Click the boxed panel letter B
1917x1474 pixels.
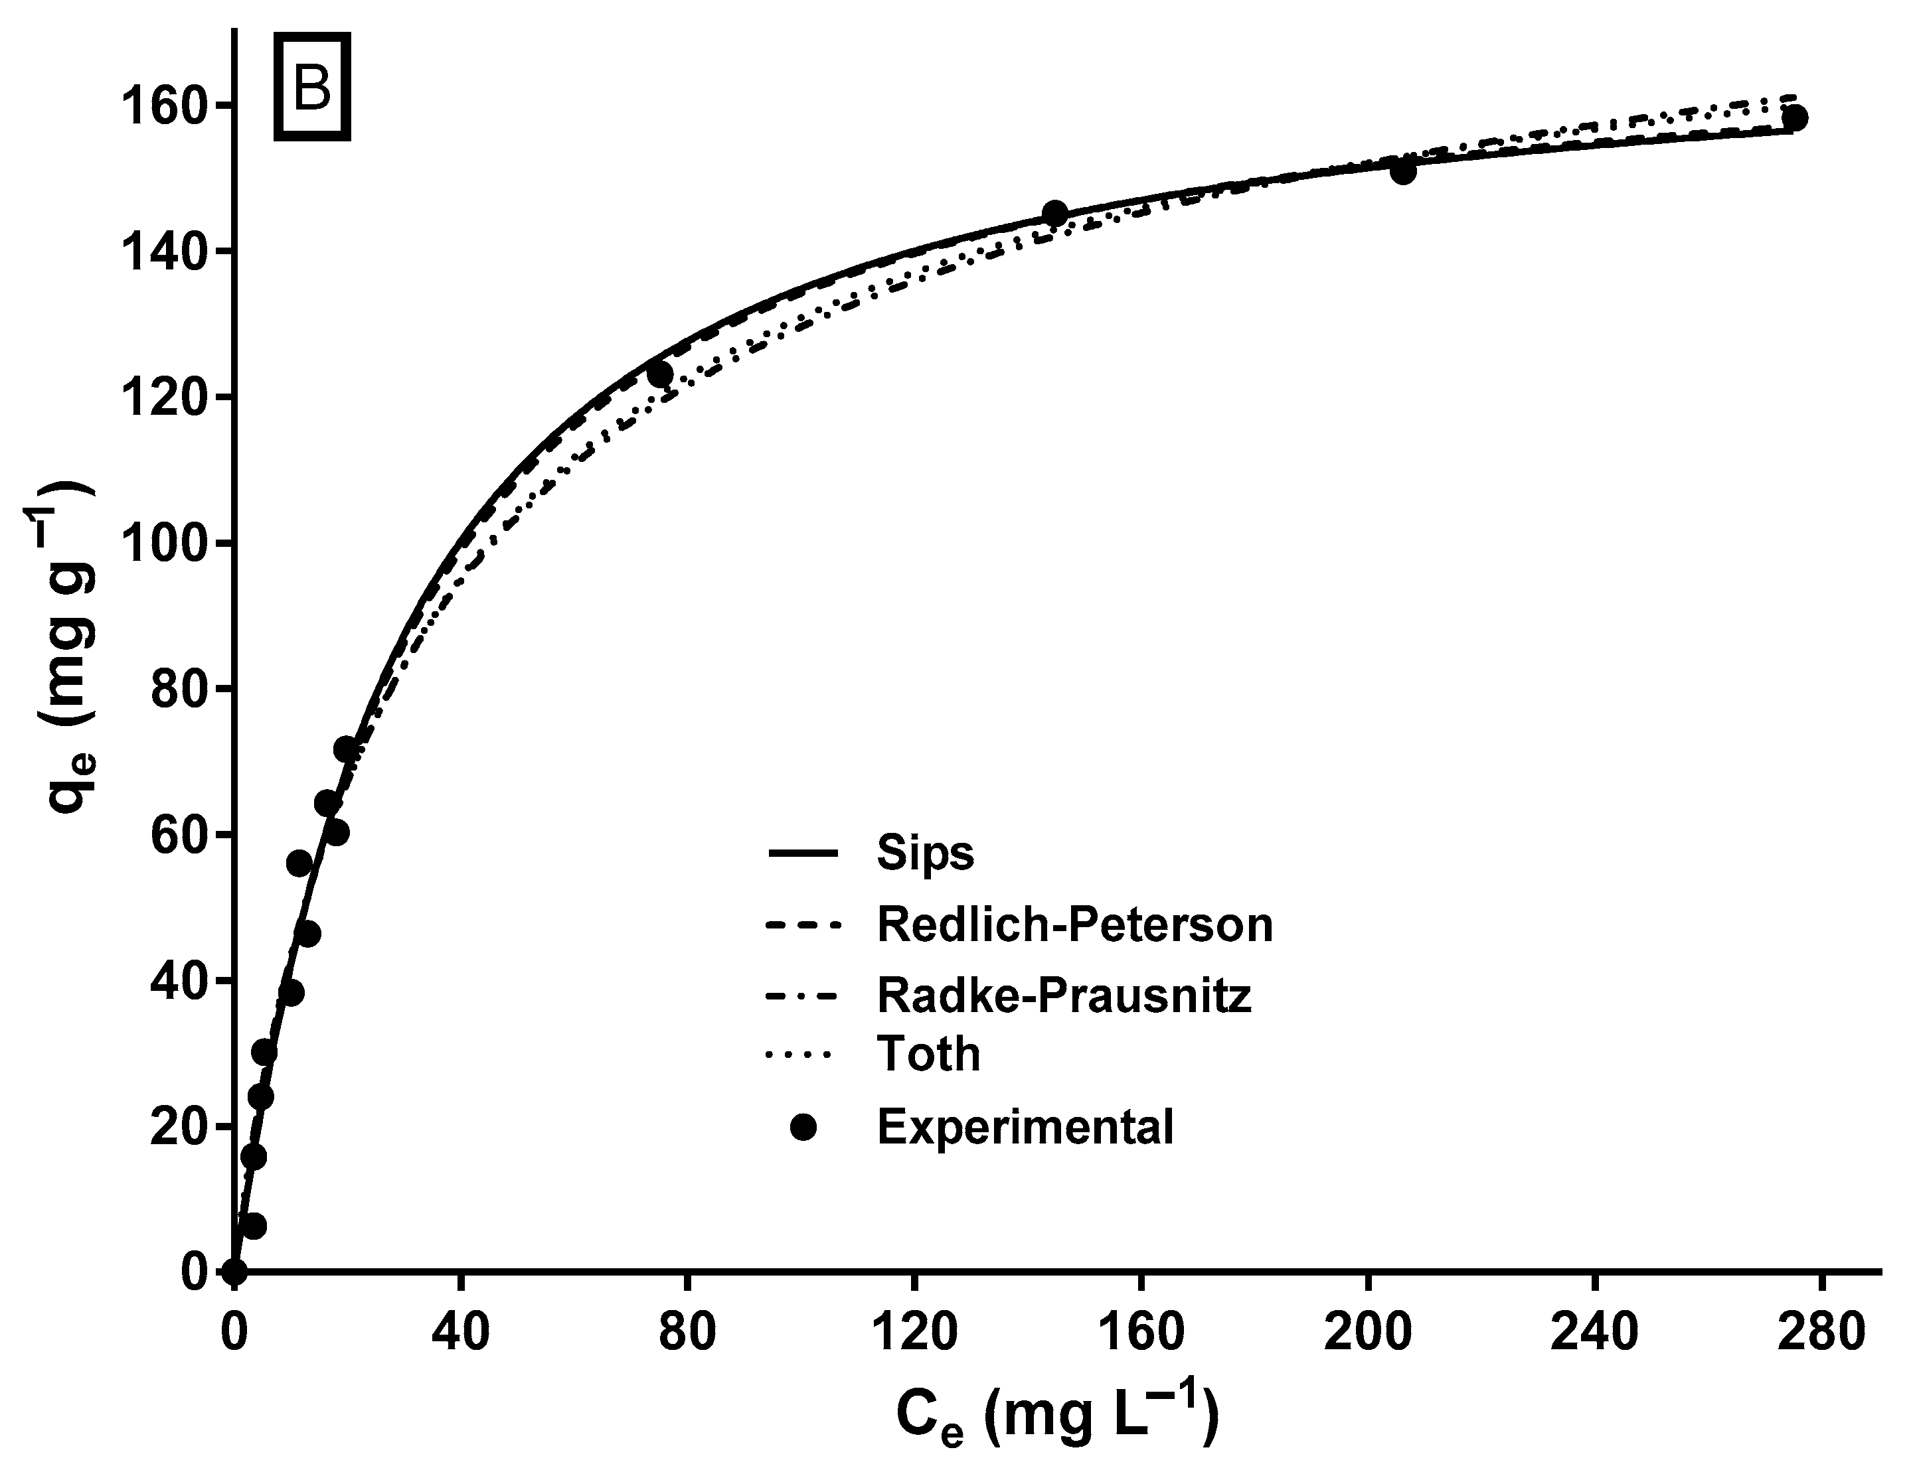313,87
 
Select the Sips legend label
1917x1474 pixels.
924,853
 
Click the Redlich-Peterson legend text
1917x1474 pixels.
1074,924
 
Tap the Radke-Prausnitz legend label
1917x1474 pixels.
1064,995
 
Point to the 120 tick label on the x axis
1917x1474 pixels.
914,1332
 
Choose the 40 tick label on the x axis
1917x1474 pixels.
460,1332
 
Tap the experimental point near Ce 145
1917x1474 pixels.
1054,213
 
